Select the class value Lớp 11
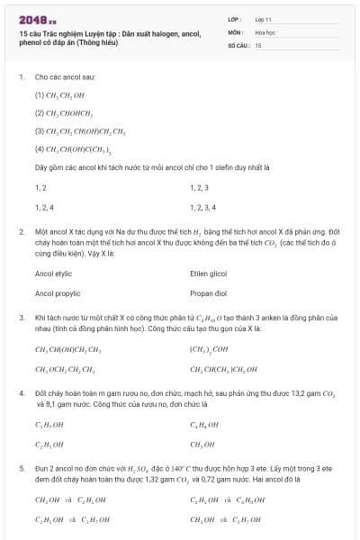point(263,19)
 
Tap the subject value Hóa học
point(264,31)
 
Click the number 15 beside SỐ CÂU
point(258,44)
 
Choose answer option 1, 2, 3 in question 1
point(199,188)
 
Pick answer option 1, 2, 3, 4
point(202,207)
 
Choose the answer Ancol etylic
point(53,273)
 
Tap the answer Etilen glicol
point(208,273)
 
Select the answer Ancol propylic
point(57,293)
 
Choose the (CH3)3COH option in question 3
point(209,349)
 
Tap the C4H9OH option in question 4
point(203,425)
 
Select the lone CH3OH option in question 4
point(202,445)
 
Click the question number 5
point(22,469)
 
